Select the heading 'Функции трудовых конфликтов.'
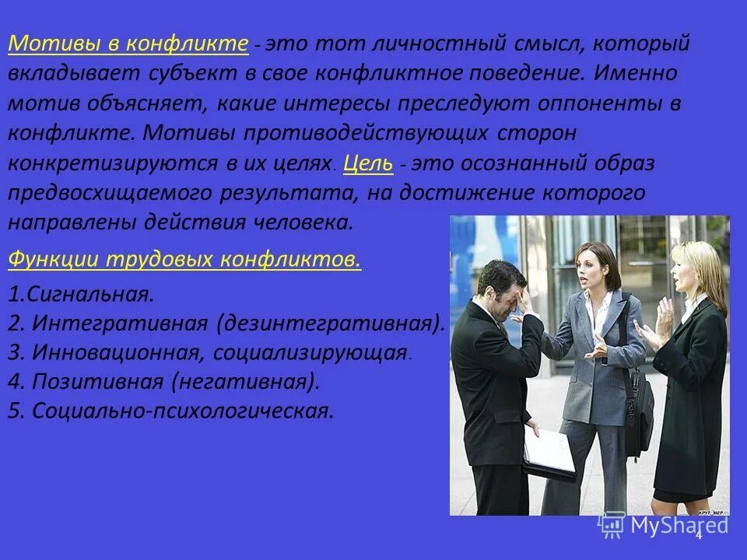184,259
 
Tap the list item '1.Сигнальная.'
81,294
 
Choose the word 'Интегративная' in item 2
120,323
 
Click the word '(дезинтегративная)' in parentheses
331,323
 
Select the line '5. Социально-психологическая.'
170,411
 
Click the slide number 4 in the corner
698,534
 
